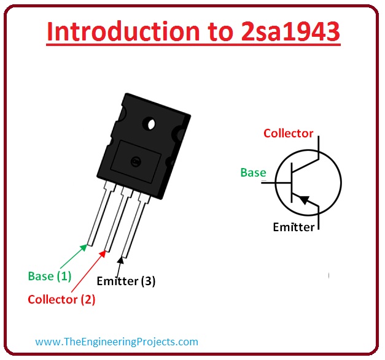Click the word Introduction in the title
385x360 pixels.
123,31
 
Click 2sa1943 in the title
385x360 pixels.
290,31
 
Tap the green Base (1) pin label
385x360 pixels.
50,277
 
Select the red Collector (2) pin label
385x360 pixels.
61,300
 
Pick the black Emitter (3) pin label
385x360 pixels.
126,281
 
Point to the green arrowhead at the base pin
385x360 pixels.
84,248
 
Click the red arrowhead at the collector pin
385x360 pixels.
103,254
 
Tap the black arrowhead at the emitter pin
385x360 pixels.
120,261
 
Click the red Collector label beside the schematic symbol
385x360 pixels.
288,134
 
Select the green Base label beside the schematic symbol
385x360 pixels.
253,172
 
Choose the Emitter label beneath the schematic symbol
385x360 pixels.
294,227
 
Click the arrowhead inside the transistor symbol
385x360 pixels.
303,199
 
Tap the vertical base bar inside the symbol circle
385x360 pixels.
292,182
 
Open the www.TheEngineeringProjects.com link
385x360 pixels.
117,342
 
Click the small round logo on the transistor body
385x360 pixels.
136,161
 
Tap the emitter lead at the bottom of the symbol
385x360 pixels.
319,218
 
